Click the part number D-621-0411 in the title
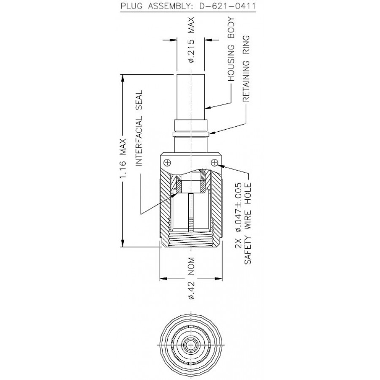click(x=227, y=5)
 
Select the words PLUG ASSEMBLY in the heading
click(x=156, y=5)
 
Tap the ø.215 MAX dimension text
click(x=191, y=40)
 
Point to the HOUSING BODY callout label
click(x=231, y=49)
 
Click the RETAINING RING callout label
click(x=246, y=68)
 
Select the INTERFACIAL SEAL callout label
click(x=138, y=128)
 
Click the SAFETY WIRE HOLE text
click(x=248, y=223)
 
